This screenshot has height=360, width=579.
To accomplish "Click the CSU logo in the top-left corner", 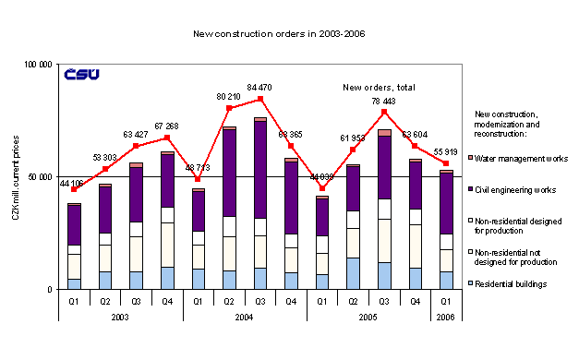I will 81,75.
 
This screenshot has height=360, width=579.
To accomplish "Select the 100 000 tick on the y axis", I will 39,65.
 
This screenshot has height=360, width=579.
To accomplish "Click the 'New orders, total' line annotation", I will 380,87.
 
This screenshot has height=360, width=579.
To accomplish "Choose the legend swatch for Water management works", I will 471,159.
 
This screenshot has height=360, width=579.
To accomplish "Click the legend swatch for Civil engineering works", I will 471,190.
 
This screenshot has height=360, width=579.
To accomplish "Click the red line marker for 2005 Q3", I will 384,112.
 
